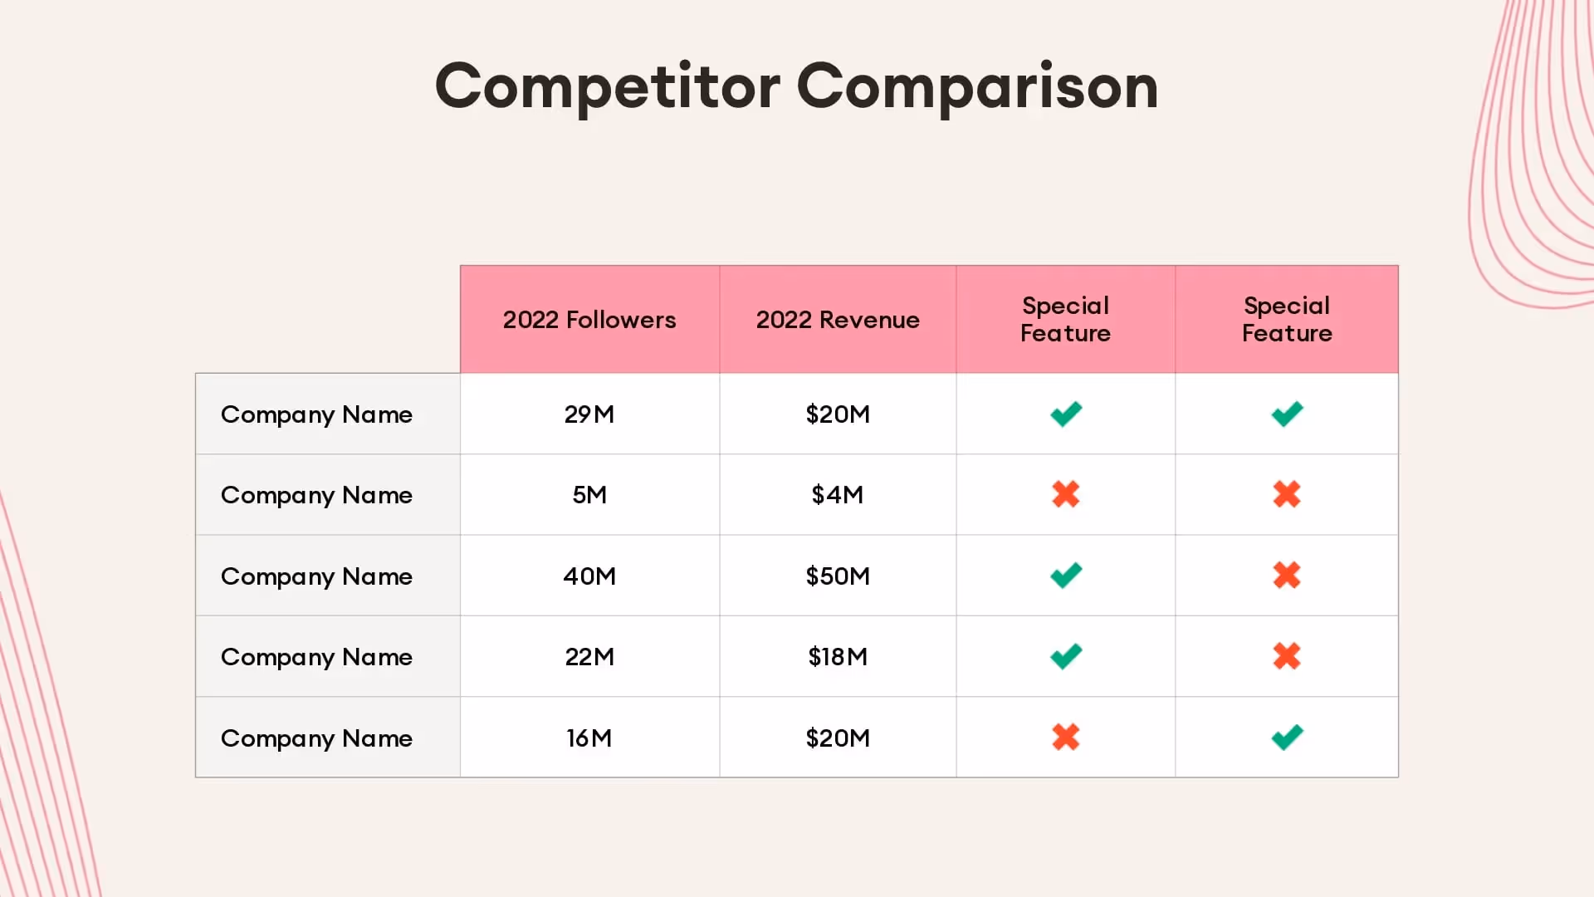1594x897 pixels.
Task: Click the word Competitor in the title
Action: coord(607,86)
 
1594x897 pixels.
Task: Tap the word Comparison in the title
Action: coord(977,86)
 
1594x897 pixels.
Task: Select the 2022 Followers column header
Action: coord(589,320)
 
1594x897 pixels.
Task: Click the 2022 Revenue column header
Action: coord(838,320)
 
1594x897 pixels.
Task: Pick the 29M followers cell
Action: coord(589,414)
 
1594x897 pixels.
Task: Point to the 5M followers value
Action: coord(589,495)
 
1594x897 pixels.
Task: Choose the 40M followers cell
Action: coord(589,576)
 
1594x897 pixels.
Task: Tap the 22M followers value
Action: coord(589,657)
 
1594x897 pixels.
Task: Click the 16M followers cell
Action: coord(589,738)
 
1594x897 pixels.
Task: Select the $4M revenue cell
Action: coord(838,495)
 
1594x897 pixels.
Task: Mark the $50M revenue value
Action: coord(838,576)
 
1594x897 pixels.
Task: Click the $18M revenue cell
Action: coord(838,657)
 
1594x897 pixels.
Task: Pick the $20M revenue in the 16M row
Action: coord(838,738)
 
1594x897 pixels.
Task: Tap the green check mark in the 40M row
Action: coord(1066,575)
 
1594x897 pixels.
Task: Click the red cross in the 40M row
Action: coord(1287,575)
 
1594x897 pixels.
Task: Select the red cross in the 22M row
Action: coord(1287,656)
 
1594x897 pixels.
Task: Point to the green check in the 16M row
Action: coord(1287,737)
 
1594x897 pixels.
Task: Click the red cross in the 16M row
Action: coord(1066,737)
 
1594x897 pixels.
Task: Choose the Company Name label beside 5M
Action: coord(316,495)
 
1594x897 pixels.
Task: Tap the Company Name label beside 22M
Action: coord(316,657)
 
